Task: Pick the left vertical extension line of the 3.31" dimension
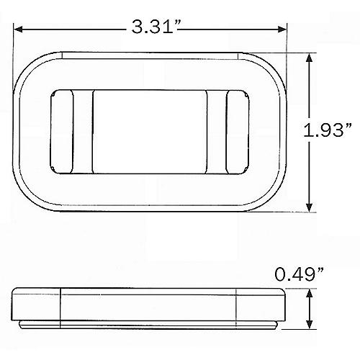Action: (x=15, y=43)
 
